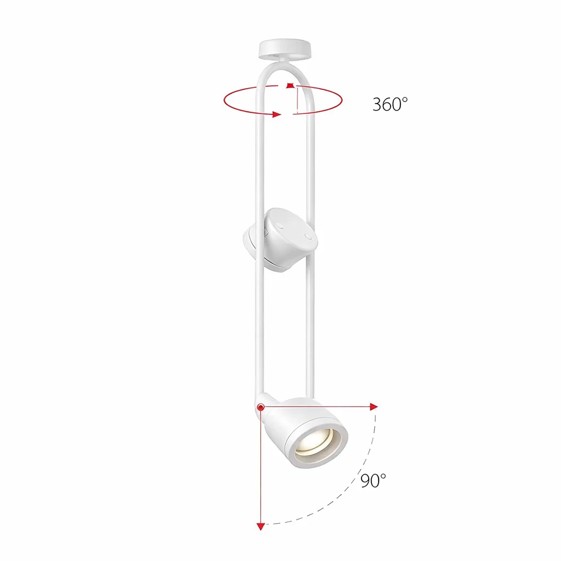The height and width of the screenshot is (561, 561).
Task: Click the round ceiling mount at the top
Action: [x=285, y=49]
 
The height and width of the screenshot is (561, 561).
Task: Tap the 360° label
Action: [x=390, y=104]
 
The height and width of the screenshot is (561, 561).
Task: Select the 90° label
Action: [x=373, y=481]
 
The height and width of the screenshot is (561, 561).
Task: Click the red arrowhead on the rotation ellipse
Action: [x=276, y=115]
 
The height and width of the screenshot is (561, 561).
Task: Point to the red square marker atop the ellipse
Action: [x=290, y=85]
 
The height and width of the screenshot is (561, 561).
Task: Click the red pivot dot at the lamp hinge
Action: [x=261, y=407]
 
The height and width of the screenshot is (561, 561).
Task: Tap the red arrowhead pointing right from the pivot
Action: [x=374, y=407]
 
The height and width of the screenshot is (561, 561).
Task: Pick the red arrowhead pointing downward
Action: [x=261, y=526]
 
